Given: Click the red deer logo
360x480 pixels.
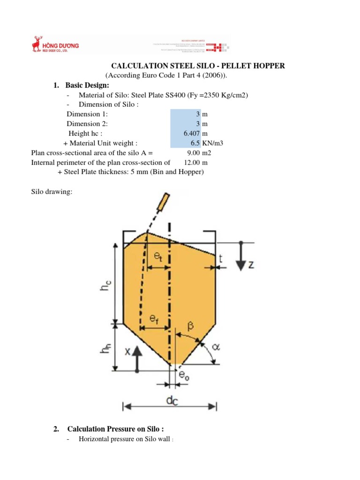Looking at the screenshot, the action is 36,44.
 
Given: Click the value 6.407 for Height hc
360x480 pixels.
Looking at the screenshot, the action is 192,133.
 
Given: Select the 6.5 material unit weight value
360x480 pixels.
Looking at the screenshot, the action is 196,143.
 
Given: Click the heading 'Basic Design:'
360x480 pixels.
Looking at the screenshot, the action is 87,85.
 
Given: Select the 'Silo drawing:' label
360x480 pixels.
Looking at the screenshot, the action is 52,192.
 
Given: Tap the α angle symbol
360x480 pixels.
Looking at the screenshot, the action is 215,347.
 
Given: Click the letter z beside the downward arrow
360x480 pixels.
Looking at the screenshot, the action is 251,265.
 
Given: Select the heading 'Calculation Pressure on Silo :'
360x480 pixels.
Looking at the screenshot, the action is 116,429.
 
